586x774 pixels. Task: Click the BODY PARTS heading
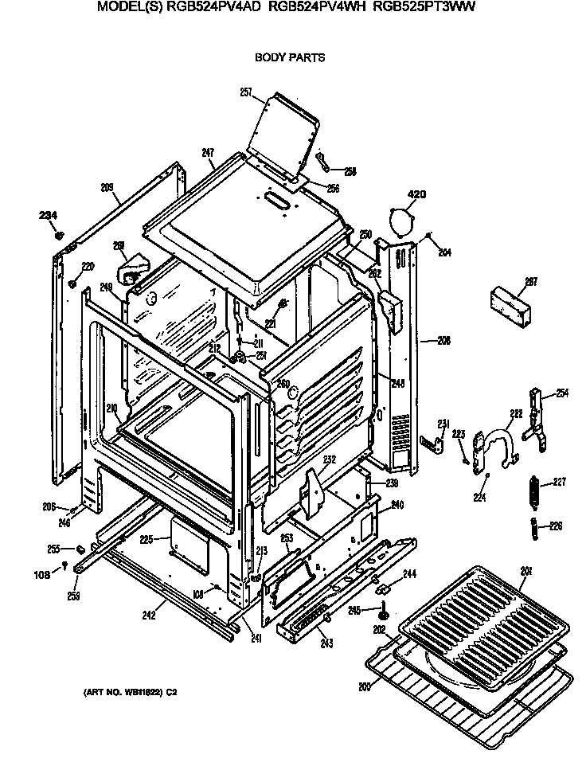click(289, 58)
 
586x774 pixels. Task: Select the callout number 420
click(418, 193)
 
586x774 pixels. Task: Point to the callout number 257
click(246, 93)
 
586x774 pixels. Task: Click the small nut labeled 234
click(58, 235)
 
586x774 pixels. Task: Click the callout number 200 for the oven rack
click(365, 686)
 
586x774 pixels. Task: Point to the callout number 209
click(108, 188)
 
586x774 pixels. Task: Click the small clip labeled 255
click(80, 549)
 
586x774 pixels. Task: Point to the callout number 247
click(209, 152)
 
